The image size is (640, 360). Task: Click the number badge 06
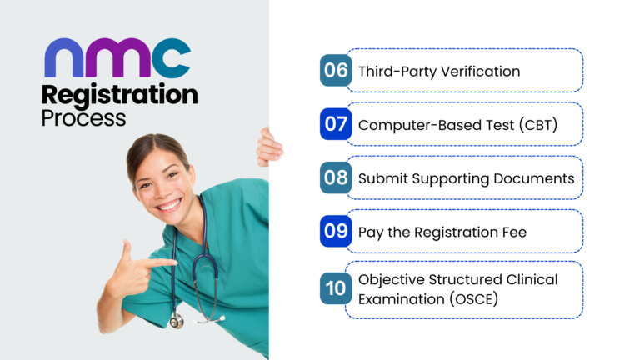(335, 70)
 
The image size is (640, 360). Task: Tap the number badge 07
(335, 124)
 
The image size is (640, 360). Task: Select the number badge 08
(335, 177)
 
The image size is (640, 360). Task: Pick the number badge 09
(335, 231)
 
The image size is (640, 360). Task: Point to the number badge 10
(335, 289)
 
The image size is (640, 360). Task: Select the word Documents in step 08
(533, 178)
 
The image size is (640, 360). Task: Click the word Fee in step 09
(513, 232)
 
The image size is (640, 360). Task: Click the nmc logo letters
(117, 58)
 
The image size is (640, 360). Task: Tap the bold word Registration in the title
(120, 94)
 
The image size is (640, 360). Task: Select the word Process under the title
(83, 117)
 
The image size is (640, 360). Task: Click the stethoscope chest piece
(176, 320)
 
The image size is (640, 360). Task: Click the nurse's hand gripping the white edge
(269, 148)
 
